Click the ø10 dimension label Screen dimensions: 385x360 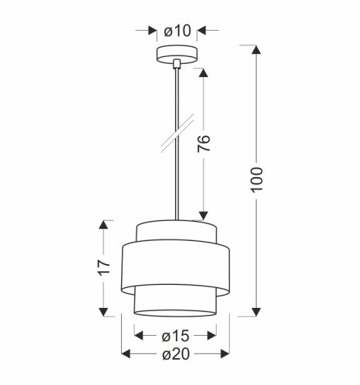[177, 31]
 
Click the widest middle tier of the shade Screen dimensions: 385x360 [177, 266]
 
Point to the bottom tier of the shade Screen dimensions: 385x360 [177, 303]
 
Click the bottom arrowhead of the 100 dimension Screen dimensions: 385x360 [257, 311]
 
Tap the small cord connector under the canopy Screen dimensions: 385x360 [177, 64]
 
